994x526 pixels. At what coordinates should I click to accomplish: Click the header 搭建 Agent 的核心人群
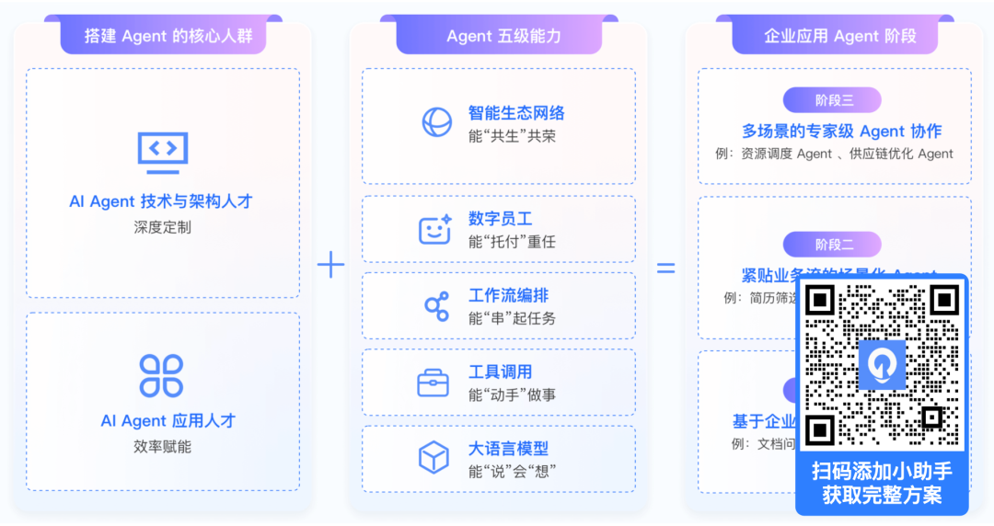point(162,36)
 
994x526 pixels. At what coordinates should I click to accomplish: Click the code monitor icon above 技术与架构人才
point(163,152)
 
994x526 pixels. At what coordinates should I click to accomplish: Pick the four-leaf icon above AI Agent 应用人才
point(162,375)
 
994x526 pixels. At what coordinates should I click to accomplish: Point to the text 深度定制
point(162,227)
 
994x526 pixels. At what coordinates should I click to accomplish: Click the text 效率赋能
point(162,447)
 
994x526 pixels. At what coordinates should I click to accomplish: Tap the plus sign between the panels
point(330,266)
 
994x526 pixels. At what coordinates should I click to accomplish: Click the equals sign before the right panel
point(665,268)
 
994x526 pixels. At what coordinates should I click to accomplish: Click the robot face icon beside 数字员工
point(434,229)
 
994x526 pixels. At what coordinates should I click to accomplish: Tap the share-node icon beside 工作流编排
point(435,306)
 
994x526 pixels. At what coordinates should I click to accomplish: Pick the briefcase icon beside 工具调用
point(433,383)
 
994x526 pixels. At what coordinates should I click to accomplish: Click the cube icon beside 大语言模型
point(433,458)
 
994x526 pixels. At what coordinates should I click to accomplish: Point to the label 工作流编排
point(508,296)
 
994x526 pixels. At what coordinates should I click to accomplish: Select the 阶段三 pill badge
point(832,100)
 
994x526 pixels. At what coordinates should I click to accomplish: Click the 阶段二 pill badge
point(832,244)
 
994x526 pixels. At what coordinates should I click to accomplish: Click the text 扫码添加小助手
point(882,472)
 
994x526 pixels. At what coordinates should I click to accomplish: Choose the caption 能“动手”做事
point(512,395)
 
